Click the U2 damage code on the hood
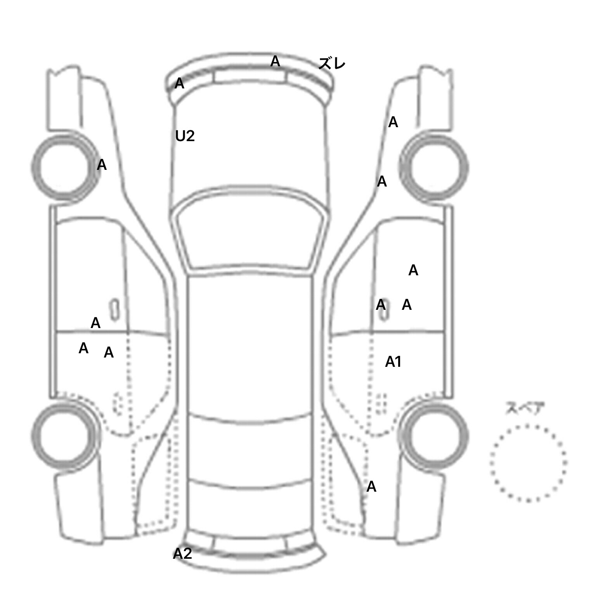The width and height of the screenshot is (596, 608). click(x=185, y=136)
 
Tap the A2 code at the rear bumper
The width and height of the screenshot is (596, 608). click(x=182, y=554)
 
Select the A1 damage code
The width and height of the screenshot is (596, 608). click(x=393, y=362)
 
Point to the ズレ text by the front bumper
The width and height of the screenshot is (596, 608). click(x=332, y=63)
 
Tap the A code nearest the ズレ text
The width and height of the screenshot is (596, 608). click(x=275, y=61)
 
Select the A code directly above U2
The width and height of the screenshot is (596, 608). click(x=179, y=83)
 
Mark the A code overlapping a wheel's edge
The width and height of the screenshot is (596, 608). click(x=102, y=165)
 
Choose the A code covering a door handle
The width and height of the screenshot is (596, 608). click(x=381, y=305)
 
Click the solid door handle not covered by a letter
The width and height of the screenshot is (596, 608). click(x=114, y=310)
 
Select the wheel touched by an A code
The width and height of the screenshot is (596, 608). click(x=65, y=167)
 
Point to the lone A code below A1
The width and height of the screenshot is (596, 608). click(x=371, y=487)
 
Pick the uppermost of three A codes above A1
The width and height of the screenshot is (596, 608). click(x=413, y=270)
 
